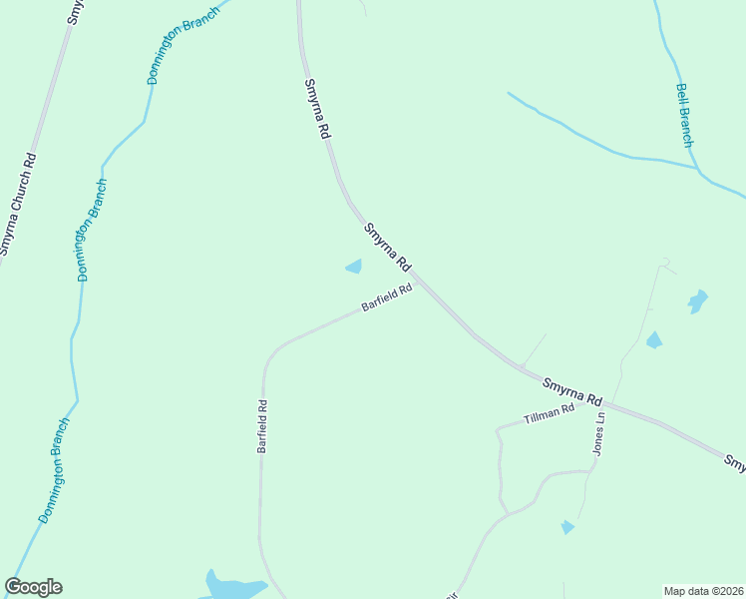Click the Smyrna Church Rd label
[19, 204]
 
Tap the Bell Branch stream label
[684, 115]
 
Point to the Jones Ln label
[599, 436]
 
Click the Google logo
[33, 587]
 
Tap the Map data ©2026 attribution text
[703, 590]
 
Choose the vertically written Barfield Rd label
[262, 427]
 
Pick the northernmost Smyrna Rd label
[317, 108]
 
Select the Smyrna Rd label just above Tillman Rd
[573, 389]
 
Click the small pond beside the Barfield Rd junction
[353, 267]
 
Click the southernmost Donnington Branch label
[54, 471]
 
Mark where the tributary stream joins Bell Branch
[696, 167]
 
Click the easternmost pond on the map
[697, 300]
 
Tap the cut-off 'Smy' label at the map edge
[734, 463]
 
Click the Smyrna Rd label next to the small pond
[387, 247]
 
